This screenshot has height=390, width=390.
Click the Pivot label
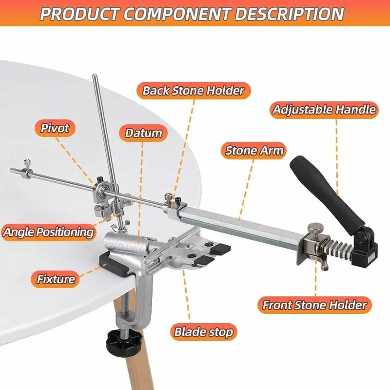[55, 128]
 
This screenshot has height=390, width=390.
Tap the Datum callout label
[143, 133]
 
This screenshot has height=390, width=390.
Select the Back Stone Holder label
[193, 90]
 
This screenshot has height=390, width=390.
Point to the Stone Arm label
[254, 151]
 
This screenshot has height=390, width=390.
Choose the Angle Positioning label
[48, 231]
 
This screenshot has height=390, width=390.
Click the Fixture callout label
[56, 279]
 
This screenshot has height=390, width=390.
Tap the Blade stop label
[204, 332]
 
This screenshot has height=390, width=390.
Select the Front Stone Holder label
[314, 305]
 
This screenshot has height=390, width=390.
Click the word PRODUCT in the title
[78, 13]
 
